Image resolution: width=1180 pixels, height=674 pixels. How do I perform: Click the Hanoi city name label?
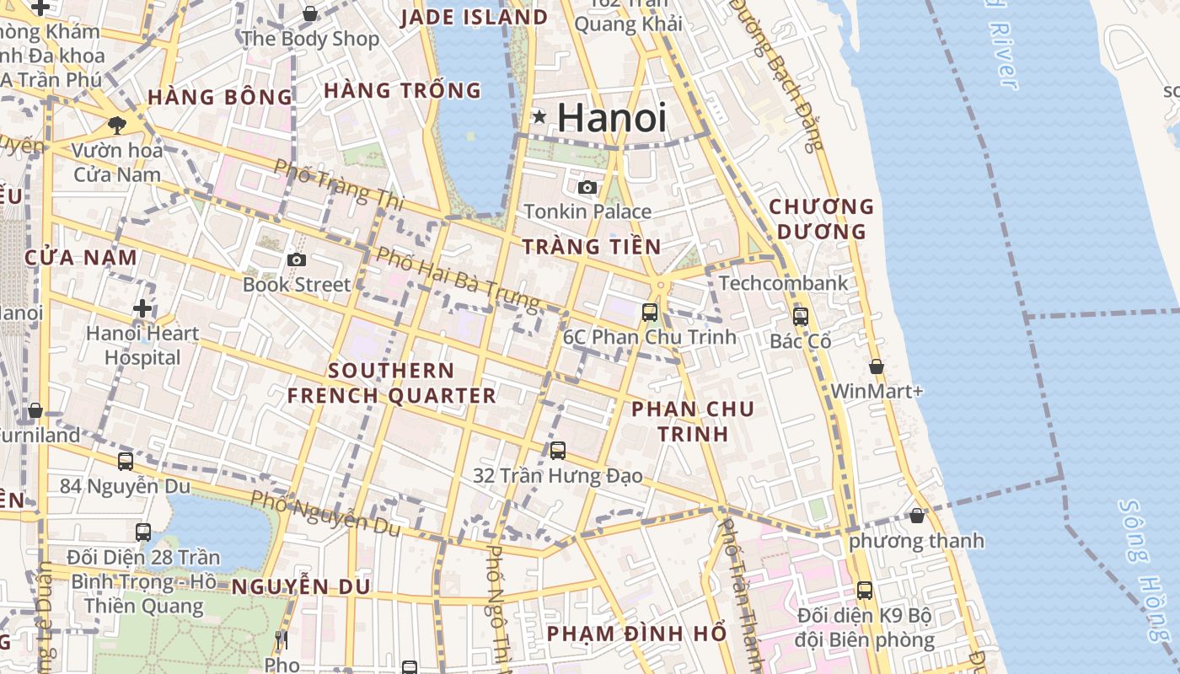point(611,118)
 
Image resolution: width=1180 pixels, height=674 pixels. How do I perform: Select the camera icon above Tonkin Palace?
point(587,187)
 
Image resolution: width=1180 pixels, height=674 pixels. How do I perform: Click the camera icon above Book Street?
point(296,259)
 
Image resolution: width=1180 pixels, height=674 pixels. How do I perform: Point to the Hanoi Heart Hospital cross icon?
point(142,308)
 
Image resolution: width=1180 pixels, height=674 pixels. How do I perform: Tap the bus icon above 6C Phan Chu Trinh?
point(649,313)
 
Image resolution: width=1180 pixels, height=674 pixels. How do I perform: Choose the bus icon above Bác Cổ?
point(800,317)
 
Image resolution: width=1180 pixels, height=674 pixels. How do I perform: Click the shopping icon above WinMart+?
point(877,366)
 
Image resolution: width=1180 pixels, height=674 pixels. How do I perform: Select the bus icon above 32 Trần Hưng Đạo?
point(557,451)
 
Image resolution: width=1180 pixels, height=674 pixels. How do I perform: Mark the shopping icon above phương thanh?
point(917,516)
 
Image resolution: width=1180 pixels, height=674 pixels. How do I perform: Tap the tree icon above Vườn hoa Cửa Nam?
point(116,126)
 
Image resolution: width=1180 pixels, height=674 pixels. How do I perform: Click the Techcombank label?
point(783,283)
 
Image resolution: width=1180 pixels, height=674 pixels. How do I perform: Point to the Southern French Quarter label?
point(391,383)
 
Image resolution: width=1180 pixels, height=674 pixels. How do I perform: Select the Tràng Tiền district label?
point(592,247)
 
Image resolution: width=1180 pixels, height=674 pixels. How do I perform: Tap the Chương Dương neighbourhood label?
point(821,218)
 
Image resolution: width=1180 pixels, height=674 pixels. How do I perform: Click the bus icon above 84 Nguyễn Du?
point(126,462)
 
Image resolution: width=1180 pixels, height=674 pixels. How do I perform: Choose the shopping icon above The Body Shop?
point(310,13)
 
